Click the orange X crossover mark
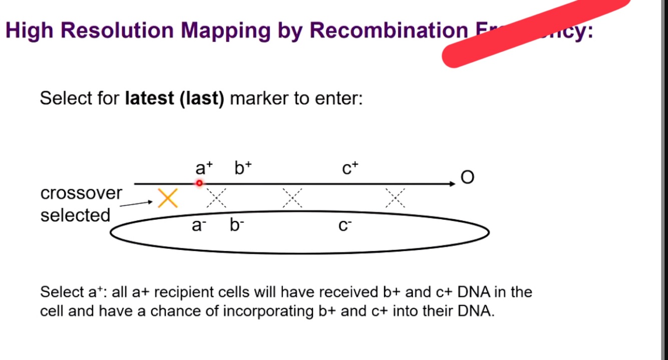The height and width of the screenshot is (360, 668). point(168,198)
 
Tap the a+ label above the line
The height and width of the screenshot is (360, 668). point(203,168)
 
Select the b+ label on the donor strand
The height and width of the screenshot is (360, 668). point(243,168)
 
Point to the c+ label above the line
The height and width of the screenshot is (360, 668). point(350,169)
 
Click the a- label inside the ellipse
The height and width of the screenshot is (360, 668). point(199,226)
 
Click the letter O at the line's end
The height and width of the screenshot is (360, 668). point(467,178)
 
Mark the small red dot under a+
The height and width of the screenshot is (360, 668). point(199,183)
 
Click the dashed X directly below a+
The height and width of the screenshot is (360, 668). point(216,198)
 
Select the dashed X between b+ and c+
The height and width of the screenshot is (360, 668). point(292,198)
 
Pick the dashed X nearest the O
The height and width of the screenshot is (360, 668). point(395,198)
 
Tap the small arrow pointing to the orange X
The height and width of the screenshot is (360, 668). point(136,204)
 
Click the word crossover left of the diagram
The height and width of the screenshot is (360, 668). point(81,193)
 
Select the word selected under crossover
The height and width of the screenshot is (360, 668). point(75,215)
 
